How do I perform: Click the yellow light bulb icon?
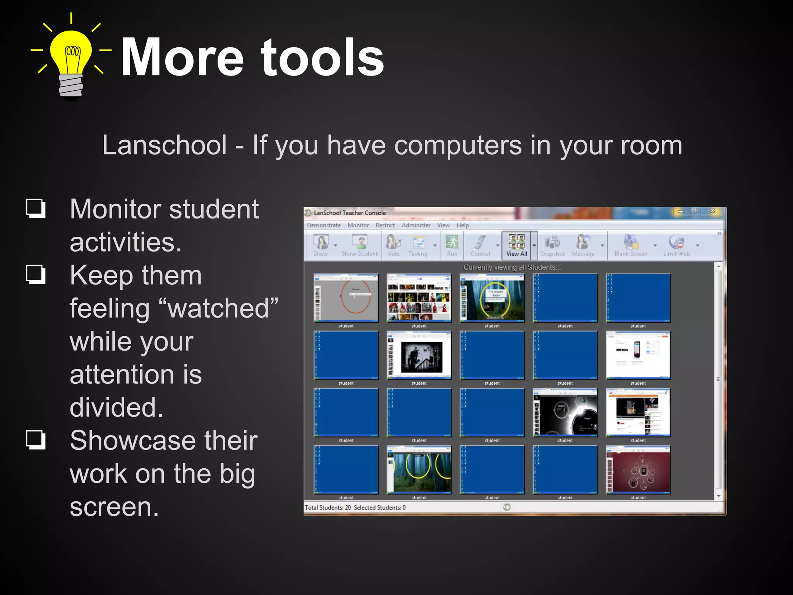(71, 58)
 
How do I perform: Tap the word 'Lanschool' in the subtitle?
(164, 146)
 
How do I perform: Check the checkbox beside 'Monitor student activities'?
(36, 208)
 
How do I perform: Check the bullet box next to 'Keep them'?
(36, 275)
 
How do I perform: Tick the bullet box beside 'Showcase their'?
(36, 440)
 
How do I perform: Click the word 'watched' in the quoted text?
(219, 309)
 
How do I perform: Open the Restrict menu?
(385, 225)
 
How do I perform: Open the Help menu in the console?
(462, 225)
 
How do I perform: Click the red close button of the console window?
(712, 211)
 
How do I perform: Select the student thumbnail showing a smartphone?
(638, 355)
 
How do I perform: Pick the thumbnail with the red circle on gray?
(346, 298)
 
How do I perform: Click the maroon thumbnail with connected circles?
(638, 470)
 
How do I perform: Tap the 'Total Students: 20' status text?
(328, 507)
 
